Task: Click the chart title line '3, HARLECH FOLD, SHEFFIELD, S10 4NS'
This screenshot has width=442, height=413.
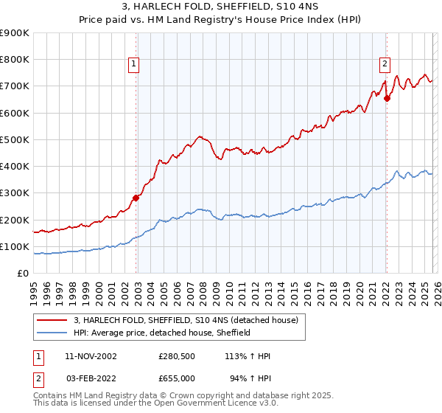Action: (221, 7)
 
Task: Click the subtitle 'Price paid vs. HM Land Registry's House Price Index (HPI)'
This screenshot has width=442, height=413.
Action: (221, 20)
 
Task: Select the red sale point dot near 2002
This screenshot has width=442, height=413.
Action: (136, 198)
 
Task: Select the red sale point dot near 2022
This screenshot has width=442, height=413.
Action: (387, 98)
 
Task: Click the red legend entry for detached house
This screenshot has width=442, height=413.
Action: (185, 320)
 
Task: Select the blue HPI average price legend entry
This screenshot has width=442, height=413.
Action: (162, 333)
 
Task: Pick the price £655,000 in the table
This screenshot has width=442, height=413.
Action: (176, 378)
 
